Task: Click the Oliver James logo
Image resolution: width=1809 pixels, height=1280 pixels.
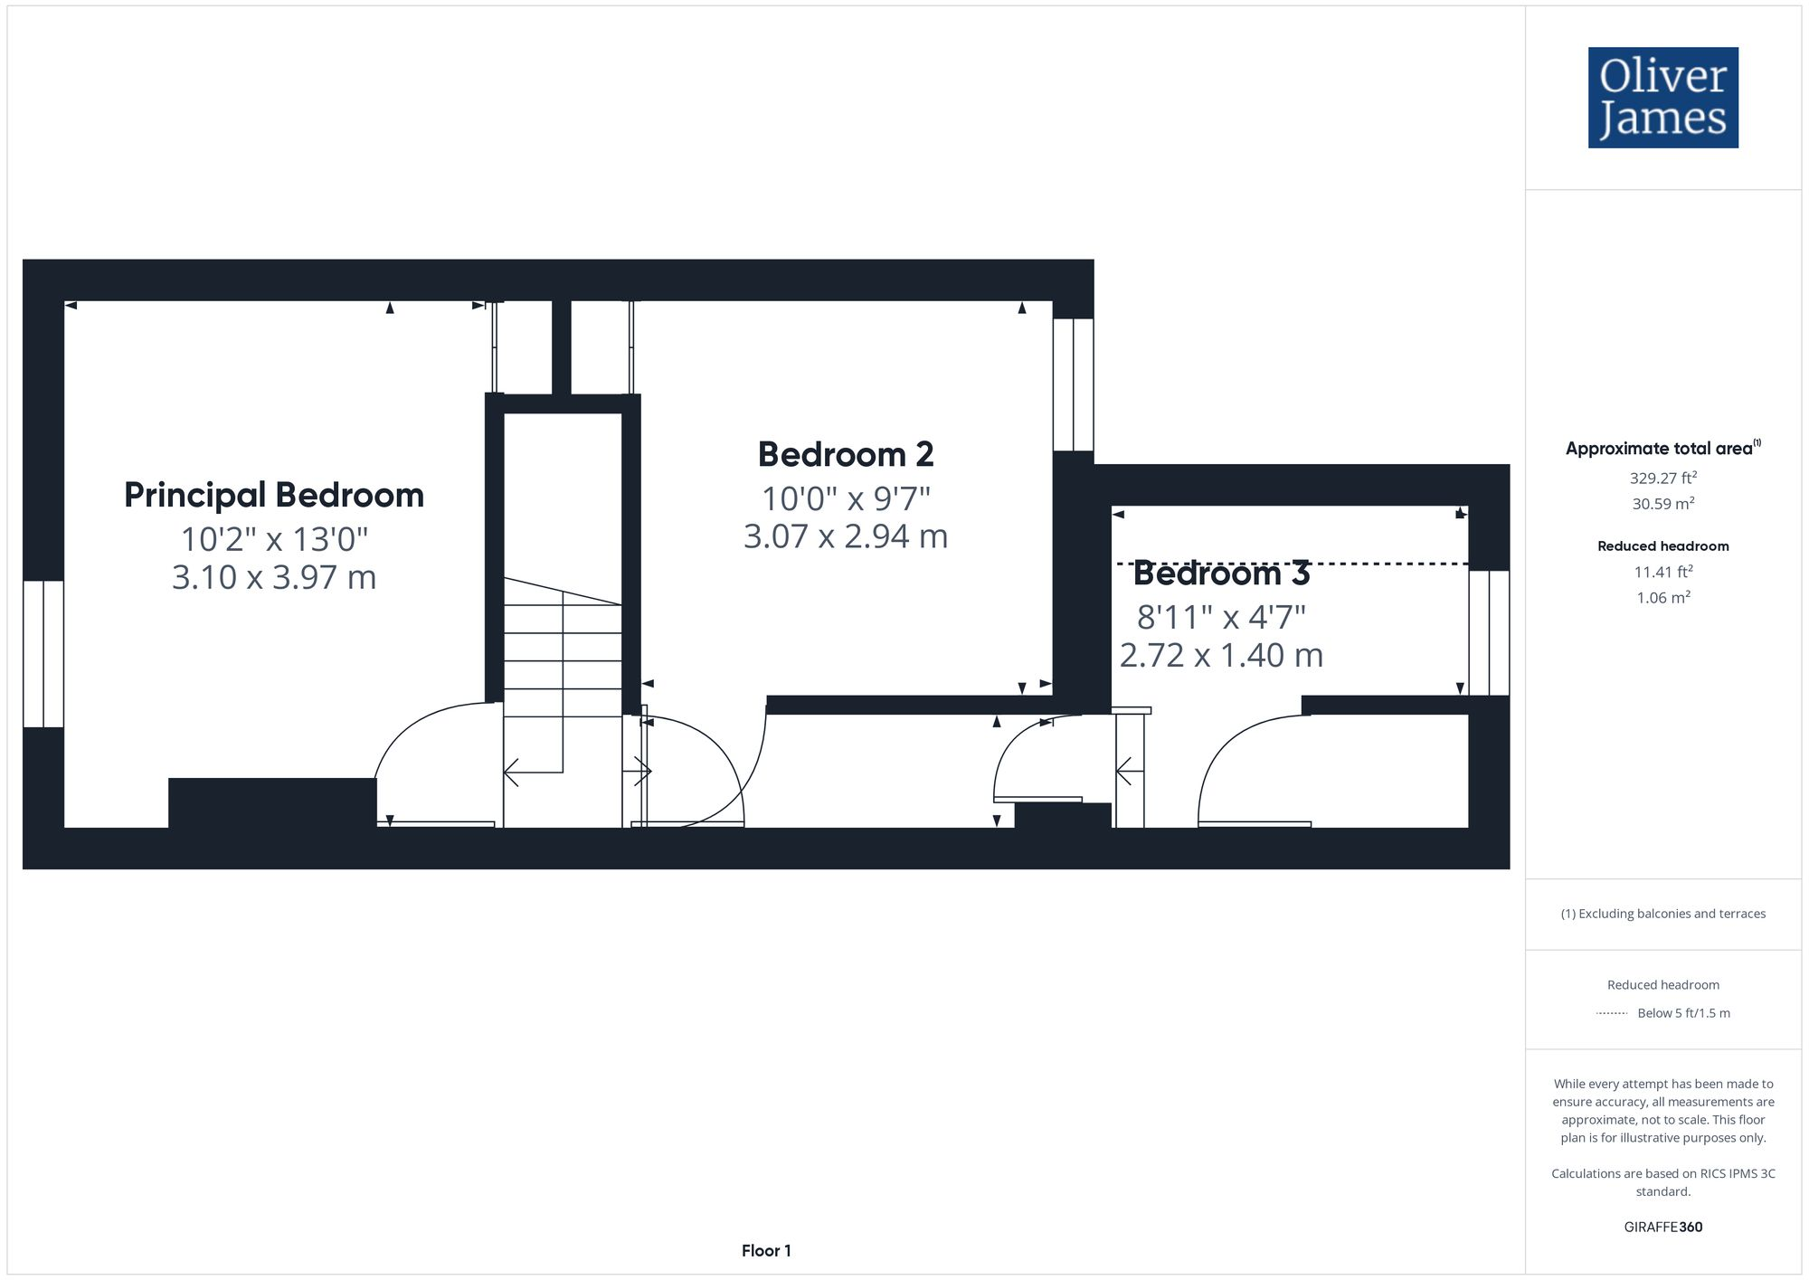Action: click(1662, 98)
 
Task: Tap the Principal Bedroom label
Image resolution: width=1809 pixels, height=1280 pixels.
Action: click(274, 496)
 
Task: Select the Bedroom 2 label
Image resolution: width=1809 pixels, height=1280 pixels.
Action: click(846, 454)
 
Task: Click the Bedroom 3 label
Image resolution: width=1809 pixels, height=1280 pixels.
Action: click(1221, 574)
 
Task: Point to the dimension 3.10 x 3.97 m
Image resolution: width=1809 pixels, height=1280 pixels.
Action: click(274, 577)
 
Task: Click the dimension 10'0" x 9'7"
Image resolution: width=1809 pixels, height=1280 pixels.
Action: click(846, 498)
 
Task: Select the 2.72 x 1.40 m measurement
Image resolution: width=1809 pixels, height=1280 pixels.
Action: click(1221, 655)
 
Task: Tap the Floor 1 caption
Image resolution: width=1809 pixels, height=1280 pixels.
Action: click(766, 1250)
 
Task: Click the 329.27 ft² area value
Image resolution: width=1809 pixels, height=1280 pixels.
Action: click(1662, 478)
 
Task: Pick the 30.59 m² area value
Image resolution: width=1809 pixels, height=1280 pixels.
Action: click(1662, 504)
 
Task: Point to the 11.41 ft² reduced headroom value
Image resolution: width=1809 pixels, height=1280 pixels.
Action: click(1662, 572)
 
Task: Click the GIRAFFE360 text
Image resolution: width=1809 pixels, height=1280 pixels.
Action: click(1662, 1227)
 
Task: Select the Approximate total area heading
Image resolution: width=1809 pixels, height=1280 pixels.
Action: click(1662, 448)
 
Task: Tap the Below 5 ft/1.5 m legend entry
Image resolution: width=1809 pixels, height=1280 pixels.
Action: click(1682, 1013)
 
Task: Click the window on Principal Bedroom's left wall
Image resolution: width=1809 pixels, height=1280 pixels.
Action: click(43, 653)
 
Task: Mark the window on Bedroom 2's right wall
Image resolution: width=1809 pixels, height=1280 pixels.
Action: click(1074, 384)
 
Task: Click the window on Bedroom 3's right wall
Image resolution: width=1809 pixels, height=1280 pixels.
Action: click(1489, 632)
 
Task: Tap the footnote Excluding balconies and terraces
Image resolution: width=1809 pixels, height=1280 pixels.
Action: click(1662, 914)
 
